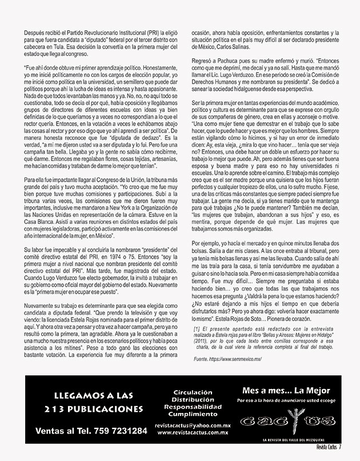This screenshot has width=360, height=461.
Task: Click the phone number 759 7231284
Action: tap(116, 430)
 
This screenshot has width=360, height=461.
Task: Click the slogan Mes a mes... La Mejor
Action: tap(286, 391)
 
